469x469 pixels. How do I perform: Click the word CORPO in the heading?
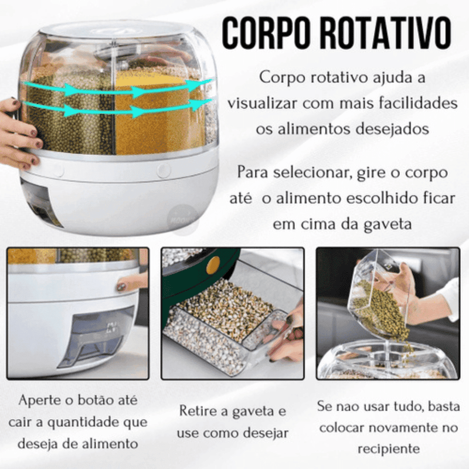pos(267,33)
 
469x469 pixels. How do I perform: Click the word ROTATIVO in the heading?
pos(386,33)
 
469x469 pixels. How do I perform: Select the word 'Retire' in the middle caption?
pos(198,411)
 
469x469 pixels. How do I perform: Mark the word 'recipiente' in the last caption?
pos(389,448)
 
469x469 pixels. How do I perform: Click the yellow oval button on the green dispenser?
pos(213,266)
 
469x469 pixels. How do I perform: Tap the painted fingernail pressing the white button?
pos(121,287)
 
